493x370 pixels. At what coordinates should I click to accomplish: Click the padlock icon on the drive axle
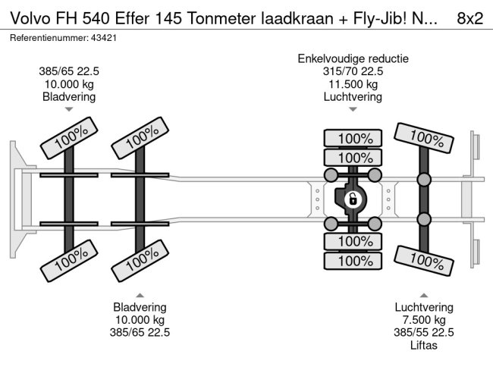click(353, 200)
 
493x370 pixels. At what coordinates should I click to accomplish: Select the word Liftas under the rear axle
click(424, 345)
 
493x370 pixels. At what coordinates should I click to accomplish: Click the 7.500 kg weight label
click(424, 319)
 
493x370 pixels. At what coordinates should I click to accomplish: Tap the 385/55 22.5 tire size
click(424, 332)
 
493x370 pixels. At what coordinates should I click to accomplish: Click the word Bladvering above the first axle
click(69, 97)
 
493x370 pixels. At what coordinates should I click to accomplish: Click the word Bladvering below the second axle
click(140, 306)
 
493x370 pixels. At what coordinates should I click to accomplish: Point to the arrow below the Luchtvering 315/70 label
click(353, 109)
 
